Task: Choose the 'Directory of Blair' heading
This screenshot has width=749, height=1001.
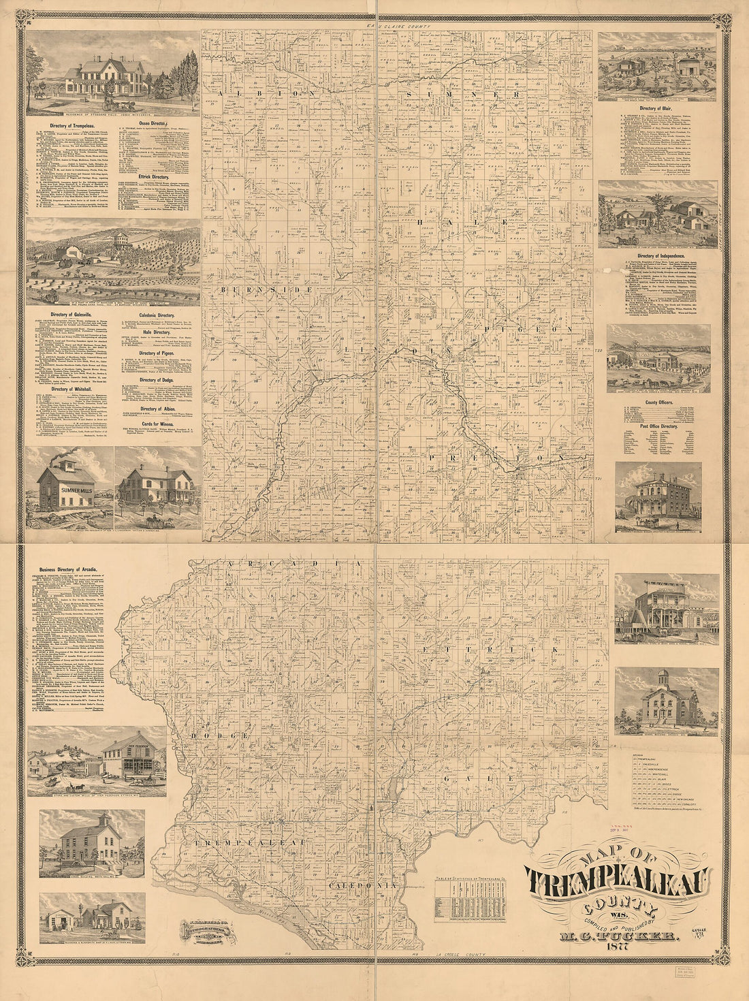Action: click(656, 109)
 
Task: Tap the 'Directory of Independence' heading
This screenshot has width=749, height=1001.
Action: click(657, 255)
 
